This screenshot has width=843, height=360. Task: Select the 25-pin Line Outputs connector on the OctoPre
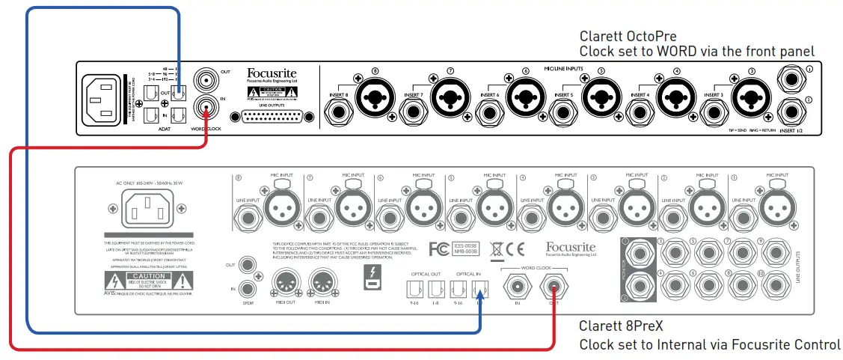[271, 118]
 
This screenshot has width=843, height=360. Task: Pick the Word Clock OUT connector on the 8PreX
[554, 285]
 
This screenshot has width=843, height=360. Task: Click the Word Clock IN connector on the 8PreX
[515, 285]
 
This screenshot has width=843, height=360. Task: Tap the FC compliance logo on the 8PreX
[441, 248]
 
